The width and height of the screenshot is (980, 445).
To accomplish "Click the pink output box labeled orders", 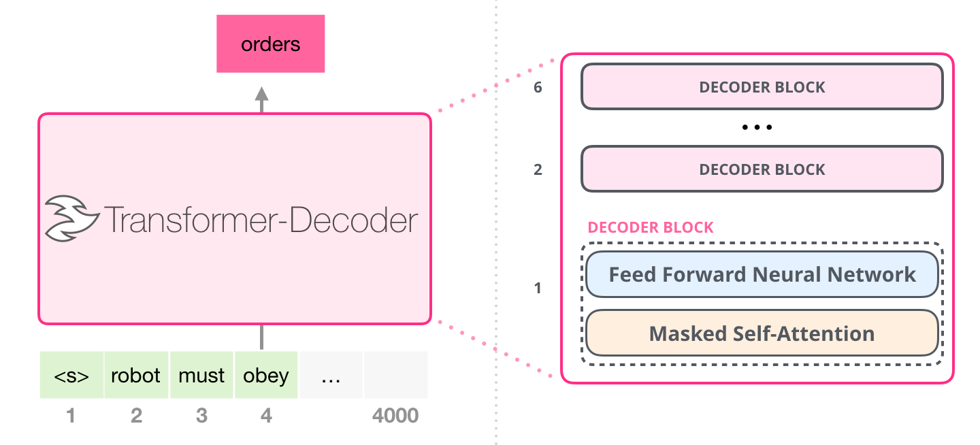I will coord(270,45).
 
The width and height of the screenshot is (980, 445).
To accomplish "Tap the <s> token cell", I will coord(71,375).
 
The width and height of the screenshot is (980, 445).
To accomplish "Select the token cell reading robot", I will coord(136,375).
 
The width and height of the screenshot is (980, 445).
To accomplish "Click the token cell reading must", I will coord(201,375).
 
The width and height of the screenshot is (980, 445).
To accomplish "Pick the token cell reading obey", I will coord(266,375).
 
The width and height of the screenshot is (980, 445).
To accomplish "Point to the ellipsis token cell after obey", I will coord(331,375).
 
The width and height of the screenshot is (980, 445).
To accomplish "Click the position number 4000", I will coord(395,415).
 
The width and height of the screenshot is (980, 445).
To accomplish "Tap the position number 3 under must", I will coord(201,415).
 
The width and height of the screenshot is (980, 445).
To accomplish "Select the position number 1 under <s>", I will coord(71,415).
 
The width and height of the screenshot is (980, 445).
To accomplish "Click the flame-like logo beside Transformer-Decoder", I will coord(67,218).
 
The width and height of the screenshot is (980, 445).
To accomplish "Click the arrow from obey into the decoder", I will coord(261,337).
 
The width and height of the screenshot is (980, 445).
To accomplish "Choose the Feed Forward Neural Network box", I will coord(762,275).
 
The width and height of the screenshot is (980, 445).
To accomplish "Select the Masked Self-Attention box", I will coord(762,333).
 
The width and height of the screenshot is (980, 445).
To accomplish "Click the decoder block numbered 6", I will coord(762,87).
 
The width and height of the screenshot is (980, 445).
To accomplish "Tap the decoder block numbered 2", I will coord(762,169).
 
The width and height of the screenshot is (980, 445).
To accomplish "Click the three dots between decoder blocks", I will coord(757,128).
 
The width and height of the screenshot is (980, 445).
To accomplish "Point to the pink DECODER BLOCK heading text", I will coord(651,227).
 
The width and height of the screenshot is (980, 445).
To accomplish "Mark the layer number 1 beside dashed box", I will coord(538,289).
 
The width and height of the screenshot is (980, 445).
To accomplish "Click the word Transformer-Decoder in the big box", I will coord(259,220).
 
